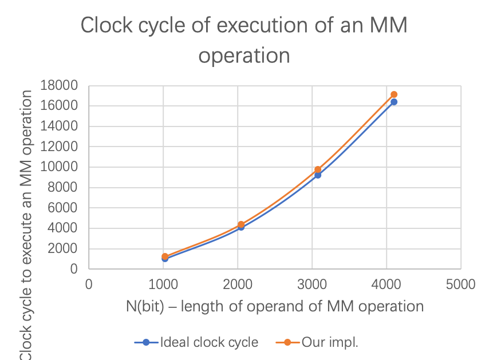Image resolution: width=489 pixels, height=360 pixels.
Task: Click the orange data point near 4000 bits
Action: (x=394, y=94)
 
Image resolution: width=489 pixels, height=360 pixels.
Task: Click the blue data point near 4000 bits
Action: (x=394, y=102)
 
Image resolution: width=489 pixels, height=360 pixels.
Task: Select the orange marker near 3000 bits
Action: (x=318, y=169)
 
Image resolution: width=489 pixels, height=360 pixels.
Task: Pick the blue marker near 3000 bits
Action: (x=318, y=175)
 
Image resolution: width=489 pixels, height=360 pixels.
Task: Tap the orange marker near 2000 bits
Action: (x=241, y=224)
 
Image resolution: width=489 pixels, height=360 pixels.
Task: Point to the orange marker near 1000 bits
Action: (x=165, y=256)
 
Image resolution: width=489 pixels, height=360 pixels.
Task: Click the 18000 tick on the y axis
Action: (x=59, y=85)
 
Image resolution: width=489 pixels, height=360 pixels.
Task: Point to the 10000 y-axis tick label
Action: (x=59, y=167)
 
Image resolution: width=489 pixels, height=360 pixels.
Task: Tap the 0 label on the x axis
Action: (x=89, y=284)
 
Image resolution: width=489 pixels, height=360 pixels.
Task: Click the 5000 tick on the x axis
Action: (x=461, y=284)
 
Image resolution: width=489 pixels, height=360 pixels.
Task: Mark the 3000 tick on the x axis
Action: (x=312, y=284)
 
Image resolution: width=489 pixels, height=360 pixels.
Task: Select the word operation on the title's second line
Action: (x=244, y=56)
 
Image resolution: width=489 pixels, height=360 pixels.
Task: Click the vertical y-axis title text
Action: (x=26, y=223)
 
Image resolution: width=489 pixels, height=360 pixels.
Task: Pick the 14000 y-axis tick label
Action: (x=59, y=126)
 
